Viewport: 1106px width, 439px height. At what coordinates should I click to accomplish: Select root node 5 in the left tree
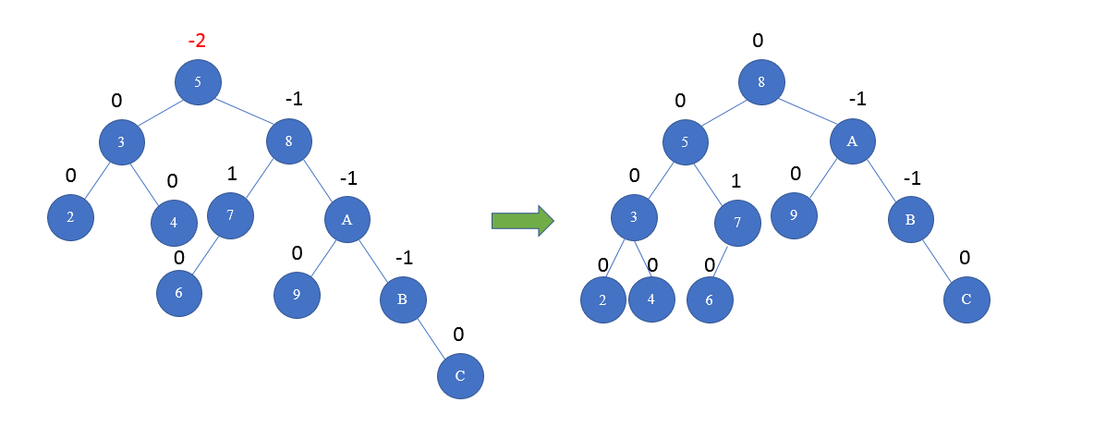point(198,82)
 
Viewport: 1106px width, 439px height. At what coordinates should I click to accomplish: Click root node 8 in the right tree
point(760,81)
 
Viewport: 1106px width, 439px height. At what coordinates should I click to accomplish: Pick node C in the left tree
point(460,377)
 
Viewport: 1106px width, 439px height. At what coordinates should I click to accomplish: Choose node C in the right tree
point(966,299)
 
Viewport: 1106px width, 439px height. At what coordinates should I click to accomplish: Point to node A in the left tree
point(347,219)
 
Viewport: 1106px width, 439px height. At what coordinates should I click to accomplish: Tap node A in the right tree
point(852,141)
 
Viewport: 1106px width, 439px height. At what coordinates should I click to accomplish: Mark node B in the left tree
point(402,299)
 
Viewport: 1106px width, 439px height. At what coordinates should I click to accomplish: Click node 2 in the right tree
point(603,299)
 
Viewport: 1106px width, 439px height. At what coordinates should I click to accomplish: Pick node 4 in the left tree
point(174,222)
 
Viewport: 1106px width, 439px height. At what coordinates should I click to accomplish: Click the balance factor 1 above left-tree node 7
point(232,173)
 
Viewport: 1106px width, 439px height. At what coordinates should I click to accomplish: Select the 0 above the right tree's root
point(758,41)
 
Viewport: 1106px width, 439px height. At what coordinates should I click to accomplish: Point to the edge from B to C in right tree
point(939,260)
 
